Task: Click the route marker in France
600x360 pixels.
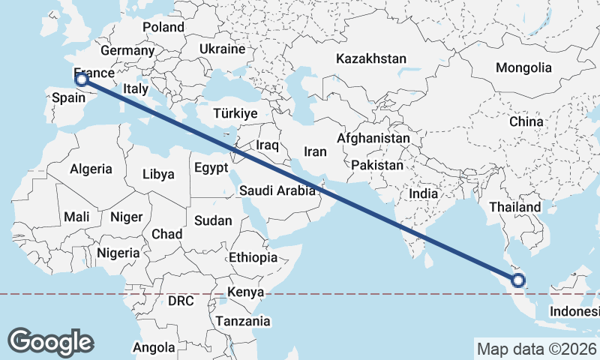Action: click(82, 79)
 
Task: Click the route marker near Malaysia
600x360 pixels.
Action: click(517, 281)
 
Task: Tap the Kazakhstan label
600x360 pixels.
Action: click(371, 58)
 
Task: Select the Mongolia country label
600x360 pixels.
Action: click(523, 67)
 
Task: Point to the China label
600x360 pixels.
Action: click(526, 121)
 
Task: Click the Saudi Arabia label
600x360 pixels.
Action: click(277, 190)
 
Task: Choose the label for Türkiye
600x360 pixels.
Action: click(235, 113)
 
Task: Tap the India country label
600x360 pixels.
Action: click(424, 193)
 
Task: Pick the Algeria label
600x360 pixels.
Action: click(91, 169)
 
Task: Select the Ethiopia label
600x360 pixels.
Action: click(253, 257)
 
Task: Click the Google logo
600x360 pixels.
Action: click(50, 341)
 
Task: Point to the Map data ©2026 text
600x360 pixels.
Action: click(536, 349)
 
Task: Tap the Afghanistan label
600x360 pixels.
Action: click(373, 139)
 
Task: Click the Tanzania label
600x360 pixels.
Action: click(243, 321)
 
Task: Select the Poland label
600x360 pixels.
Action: click(163, 27)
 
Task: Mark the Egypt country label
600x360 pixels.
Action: click(211, 168)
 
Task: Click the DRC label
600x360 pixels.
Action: click(181, 301)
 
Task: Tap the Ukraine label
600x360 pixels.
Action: click(222, 49)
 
